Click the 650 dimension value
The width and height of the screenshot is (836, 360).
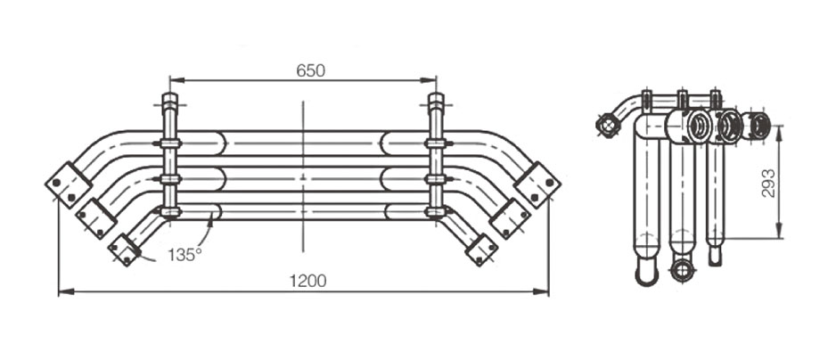(310, 70)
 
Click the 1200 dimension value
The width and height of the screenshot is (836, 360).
(307, 281)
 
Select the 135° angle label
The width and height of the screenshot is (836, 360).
(185, 255)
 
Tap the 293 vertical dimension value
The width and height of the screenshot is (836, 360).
(768, 183)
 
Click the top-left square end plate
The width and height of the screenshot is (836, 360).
(69, 184)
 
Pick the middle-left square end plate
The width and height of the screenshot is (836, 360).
(96, 218)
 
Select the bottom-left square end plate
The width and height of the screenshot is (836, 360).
(124, 250)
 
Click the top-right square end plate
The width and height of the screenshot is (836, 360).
(537, 184)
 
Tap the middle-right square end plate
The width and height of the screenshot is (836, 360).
(510, 218)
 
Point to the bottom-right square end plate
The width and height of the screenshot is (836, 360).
(481, 250)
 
